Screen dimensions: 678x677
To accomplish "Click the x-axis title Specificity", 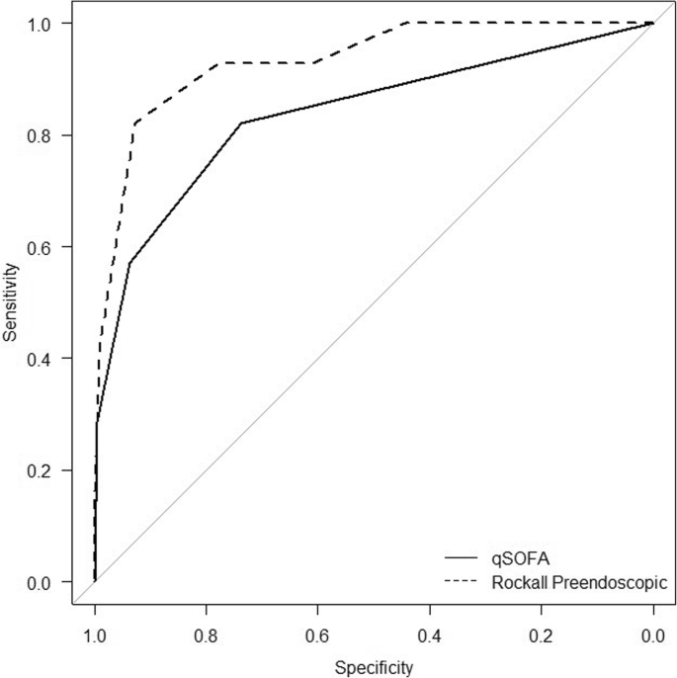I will point(374,667).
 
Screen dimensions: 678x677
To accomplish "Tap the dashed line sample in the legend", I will point(464,583).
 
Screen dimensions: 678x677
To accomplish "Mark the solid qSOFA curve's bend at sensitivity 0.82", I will point(241,123).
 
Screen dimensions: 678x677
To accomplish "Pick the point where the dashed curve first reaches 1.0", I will point(408,22).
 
